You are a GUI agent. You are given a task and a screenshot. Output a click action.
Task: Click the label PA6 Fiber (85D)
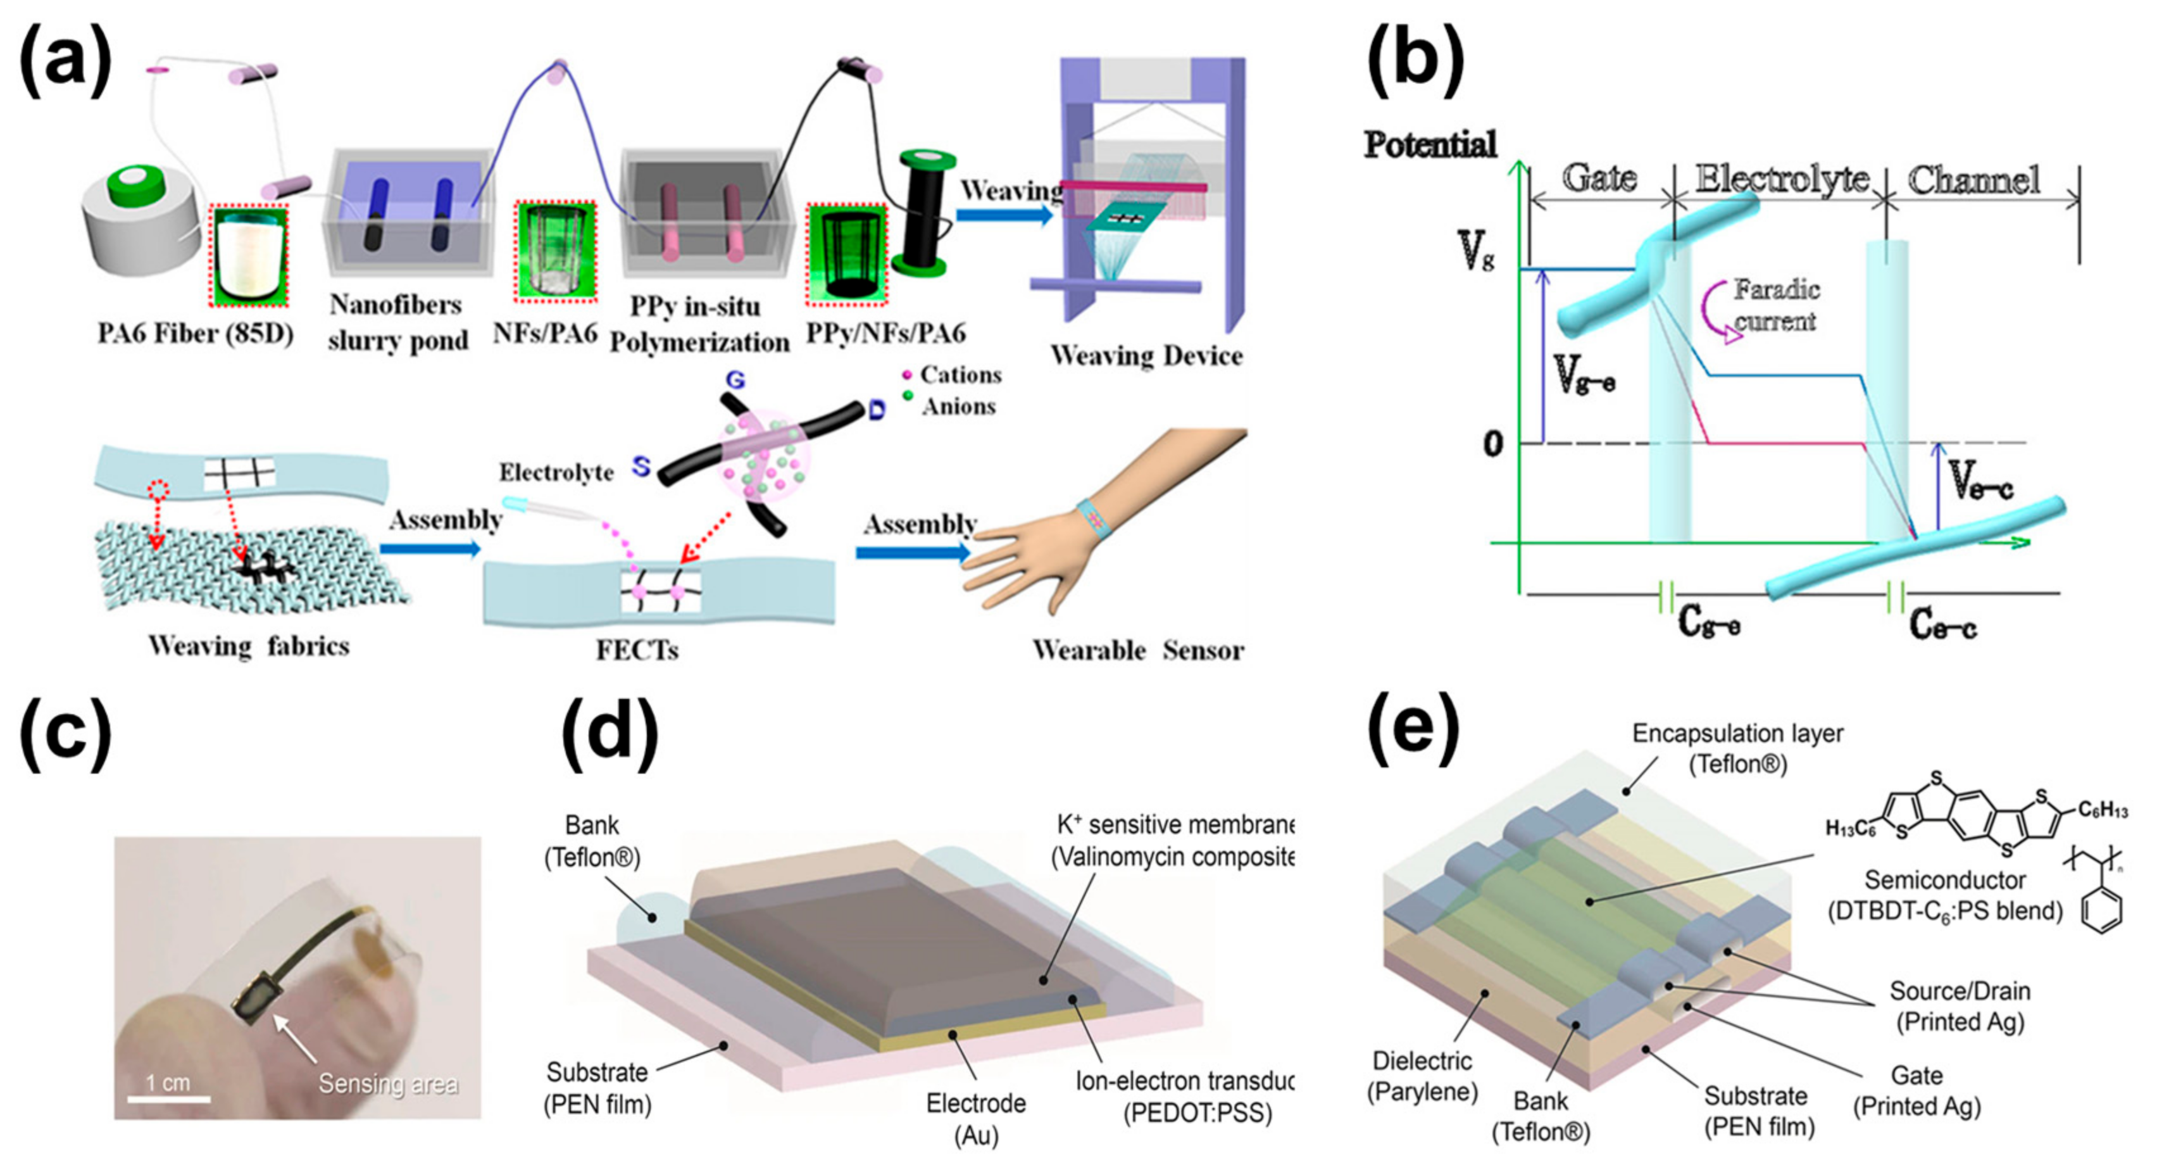(x=195, y=333)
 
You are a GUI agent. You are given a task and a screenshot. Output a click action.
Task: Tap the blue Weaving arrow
(x=1003, y=215)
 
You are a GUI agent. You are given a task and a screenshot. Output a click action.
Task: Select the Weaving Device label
(x=1146, y=356)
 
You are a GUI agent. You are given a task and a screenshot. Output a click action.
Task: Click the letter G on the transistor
(x=734, y=381)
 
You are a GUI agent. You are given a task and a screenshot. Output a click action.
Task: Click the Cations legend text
(x=960, y=374)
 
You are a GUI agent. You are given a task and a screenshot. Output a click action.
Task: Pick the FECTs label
(x=636, y=650)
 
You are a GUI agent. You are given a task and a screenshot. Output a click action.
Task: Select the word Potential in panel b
(x=1429, y=145)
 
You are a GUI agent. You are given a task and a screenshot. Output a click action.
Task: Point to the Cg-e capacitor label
(x=1708, y=622)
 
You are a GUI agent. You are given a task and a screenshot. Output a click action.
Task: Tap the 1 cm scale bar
(x=168, y=1097)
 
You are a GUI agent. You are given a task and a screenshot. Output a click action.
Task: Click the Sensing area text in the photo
(x=388, y=1084)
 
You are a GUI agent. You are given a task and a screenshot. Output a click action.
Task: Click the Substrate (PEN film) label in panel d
(x=597, y=1088)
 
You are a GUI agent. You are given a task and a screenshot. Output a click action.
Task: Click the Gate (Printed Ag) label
(x=1916, y=1090)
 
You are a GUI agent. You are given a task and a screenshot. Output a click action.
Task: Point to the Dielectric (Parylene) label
(x=1422, y=1076)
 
